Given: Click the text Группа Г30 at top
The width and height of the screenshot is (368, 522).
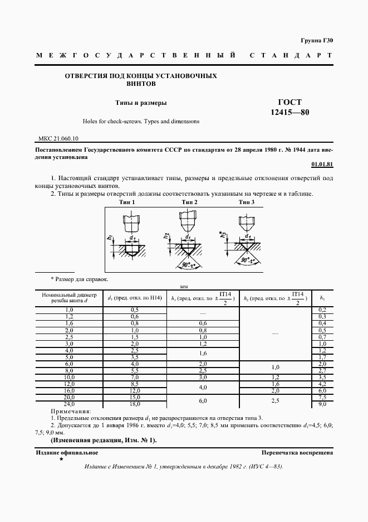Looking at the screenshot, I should (x=316, y=41).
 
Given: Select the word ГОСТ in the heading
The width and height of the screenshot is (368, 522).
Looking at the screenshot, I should (x=289, y=102).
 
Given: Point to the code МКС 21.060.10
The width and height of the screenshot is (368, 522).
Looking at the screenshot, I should (x=58, y=138).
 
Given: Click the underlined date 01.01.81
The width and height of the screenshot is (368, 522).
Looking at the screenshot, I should (x=322, y=165).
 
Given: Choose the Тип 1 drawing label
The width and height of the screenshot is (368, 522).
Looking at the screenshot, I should (x=129, y=202).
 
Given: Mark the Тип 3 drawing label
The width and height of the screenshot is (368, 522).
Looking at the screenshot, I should (x=247, y=202).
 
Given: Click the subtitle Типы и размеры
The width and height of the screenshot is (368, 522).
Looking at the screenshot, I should (x=141, y=103).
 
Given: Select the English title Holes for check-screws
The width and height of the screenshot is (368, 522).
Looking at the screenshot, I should (x=141, y=121).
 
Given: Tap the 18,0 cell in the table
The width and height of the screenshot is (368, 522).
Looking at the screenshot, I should (x=135, y=403).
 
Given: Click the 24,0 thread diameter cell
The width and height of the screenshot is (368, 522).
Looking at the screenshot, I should (x=70, y=403).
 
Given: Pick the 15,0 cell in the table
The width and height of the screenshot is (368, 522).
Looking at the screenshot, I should (x=135, y=398).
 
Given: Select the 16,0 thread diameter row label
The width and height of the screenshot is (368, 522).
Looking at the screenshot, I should (x=70, y=391).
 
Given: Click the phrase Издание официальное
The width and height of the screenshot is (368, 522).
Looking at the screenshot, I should (x=67, y=453).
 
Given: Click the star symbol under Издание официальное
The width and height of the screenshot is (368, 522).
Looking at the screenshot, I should (x=61, y=459).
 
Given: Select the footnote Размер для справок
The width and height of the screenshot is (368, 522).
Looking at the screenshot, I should (x=80, y=278).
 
